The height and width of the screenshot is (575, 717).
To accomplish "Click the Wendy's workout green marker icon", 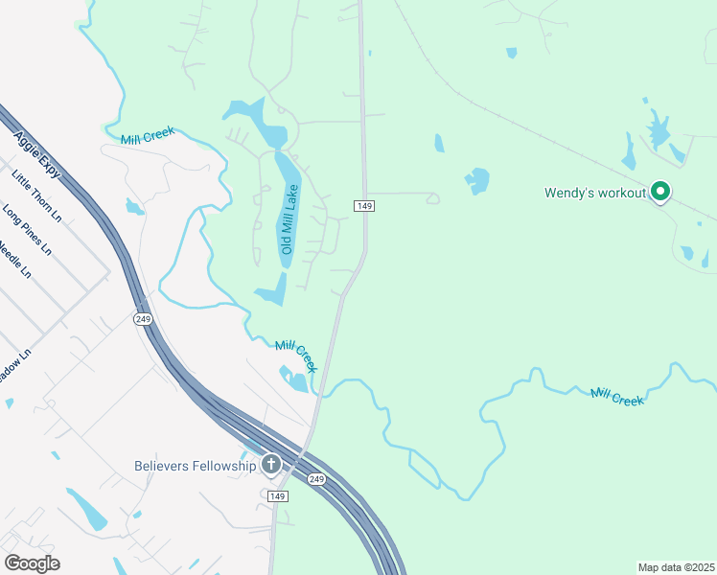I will coord(659,193).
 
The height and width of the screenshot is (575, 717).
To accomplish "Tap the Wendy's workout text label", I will coord(595,193).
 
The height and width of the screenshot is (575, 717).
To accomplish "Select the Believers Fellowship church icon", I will coord(271,466).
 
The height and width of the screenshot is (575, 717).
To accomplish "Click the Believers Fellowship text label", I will coord(196,466).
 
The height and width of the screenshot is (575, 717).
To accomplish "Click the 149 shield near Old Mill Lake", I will coord(363,206).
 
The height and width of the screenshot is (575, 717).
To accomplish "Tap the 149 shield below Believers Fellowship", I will coord(277,495).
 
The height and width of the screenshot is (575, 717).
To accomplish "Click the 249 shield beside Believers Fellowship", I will coord(315,478).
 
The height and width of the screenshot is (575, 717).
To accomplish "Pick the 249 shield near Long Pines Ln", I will coord(141,319).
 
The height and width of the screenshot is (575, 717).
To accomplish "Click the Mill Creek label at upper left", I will coord(148,135).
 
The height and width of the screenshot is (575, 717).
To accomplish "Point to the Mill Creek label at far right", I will coord(616,396).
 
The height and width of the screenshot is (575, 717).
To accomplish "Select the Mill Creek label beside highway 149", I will coord(296,356).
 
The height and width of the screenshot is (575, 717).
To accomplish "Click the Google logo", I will coord(32,563).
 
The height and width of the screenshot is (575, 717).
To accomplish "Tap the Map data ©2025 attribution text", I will coord(676,567).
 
